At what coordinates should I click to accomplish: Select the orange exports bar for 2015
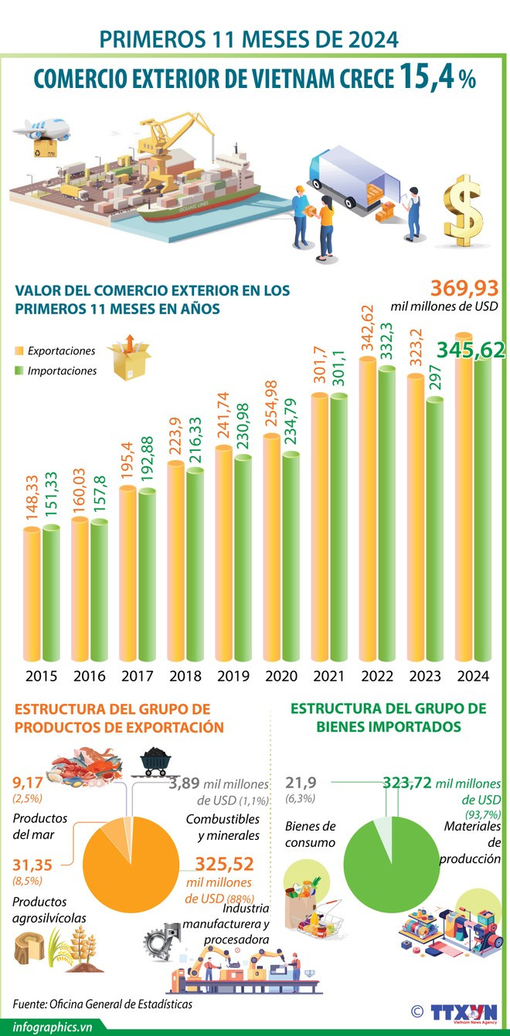pos(32,594)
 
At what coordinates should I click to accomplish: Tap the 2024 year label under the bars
pos(472,676)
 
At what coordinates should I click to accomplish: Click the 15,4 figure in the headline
pos(428,78)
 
